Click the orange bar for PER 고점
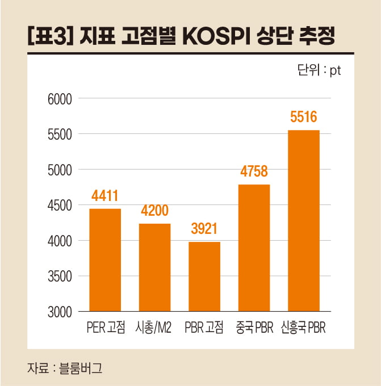tap(105, 260)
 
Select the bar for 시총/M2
tap(154, 267)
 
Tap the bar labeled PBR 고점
tap(204, 276)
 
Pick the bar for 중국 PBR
tap(254, 247)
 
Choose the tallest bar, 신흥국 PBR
tap(303, 221)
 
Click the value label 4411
tap(105, 196)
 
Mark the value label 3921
tap(204, 230)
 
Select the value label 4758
tap(254, 172)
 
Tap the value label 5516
tap(303, 118)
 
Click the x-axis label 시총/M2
tap(154, 328)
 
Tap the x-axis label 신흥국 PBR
tap(303, 328)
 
